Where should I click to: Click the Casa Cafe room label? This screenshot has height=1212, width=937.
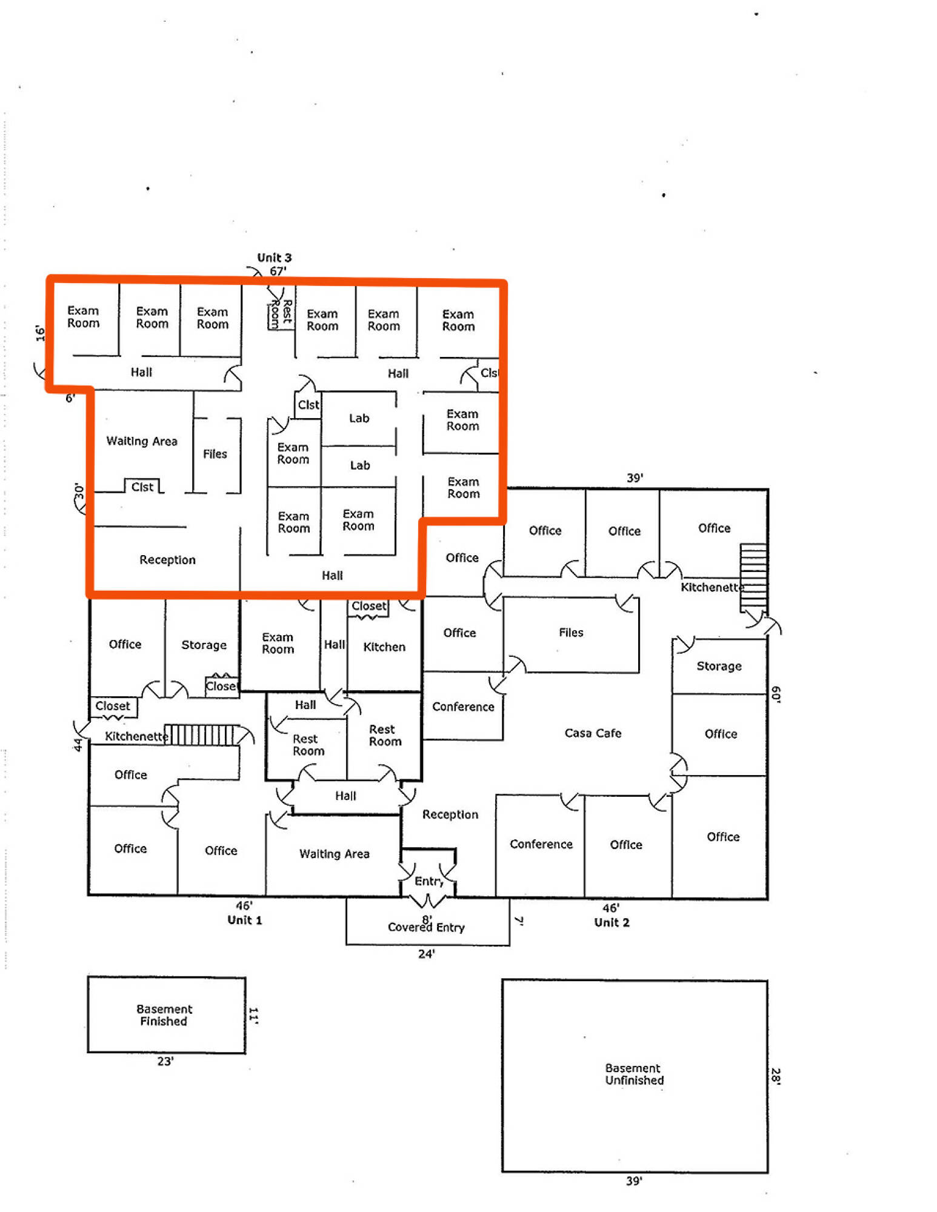(x=593, y=733)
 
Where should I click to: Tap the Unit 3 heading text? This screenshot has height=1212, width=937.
(x=274, y=258)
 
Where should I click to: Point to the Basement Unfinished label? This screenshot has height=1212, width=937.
(x=634, y=1074)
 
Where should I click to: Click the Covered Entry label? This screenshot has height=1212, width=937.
(x=426, y=927)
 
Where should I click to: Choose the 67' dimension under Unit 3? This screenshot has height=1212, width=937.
(x=278, y=271)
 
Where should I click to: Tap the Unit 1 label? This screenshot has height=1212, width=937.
(x=245, y=920)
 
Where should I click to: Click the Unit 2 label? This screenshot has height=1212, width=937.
(x=612, y=922)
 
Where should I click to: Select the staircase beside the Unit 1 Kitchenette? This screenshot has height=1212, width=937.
(x=200, y=734)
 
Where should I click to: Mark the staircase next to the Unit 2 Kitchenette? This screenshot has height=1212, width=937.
(x=753, y=578)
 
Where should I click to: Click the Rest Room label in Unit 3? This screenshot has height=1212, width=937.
(x=281, y=313)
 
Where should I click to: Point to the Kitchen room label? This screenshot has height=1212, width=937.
(x=384, y=647)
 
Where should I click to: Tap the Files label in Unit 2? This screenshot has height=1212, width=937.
(x=571, y=633)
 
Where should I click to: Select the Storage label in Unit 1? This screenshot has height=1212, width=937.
(x=204, y=645)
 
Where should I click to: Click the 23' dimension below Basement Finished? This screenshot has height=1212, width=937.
(x=165, y=1061)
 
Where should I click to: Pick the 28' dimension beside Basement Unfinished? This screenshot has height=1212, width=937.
(x=776, y=1076)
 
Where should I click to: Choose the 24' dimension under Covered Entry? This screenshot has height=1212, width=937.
(x=426, y=954)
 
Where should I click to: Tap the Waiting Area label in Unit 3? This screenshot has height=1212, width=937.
(x=142, y=441)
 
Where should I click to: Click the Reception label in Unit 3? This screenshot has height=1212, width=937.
(x=167, y=560)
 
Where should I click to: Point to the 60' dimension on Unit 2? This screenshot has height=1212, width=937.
(x=776, y=694)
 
